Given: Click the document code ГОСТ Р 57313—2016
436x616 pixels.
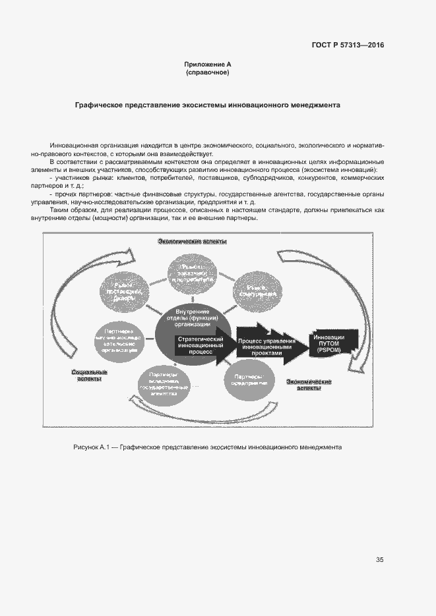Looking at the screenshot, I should pyautogui.click(x=347, y=45).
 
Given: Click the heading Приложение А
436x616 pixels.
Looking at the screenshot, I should pyautogui.click(x=208, y=64).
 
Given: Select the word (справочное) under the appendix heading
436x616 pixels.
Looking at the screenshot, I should pyautogui.click(x=208, y=72).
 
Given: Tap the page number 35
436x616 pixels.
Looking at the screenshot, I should pyautogui.click(x=379, y=560).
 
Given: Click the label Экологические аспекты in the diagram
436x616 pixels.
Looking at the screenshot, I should pyautogui.click(x=192, y=242).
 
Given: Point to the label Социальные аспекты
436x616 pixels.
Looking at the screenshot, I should pyautogui.click(x=89, y=376).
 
